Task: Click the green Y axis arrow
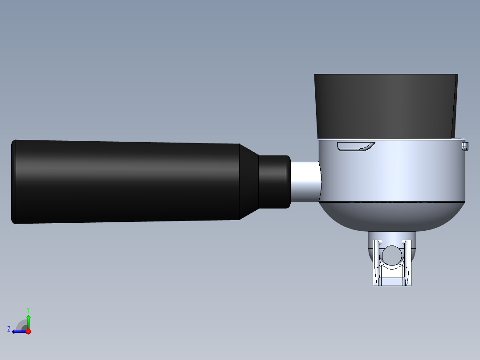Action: click(x=28, y=320)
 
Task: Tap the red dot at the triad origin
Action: click(x=28, y=331)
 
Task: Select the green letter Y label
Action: click(x=28, y=309)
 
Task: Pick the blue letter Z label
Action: click(x=9, y=329)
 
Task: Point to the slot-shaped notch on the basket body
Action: click(x=355, y=146)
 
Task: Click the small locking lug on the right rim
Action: click(x=465, y=146)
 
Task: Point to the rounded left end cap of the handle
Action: click(x=14, y=181)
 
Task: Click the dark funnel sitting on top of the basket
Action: click(x=383, y=105)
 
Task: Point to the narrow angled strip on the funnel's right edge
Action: click(x=455, y=105)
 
